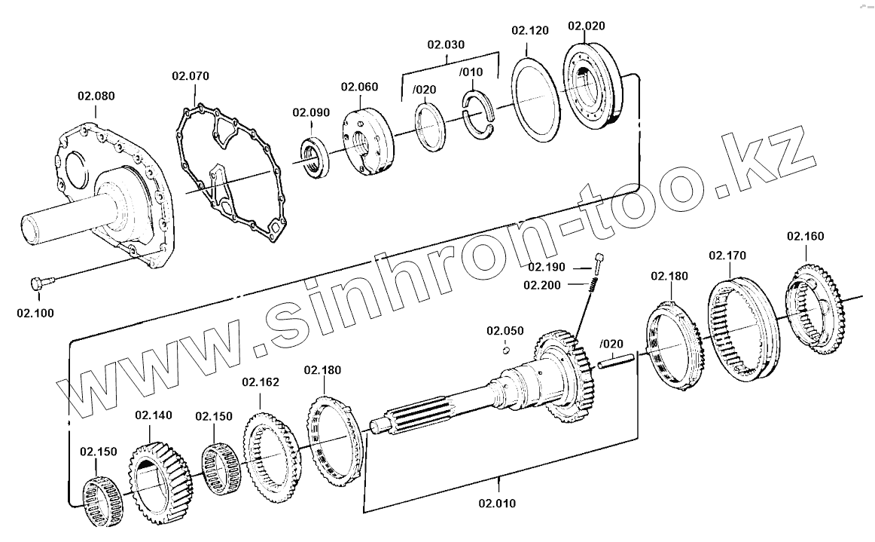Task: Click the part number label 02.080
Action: pyautogui.click(x=96, y=96)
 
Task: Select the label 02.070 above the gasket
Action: pyautogui.click(x=191, y=75)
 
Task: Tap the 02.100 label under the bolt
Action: pyautogui.click(x=35, y=311)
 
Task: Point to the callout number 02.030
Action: pyautogui.click(x=446, y=44)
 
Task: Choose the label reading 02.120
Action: pyautogui.click(x=530, y=31)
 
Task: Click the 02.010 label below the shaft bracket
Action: pyautogui.click(x=498, y=503)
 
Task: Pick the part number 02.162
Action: pyautogui.click(x=261, y=382)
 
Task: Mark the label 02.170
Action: pyautogui.click(x=727, y=256)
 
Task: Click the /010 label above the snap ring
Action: pyautogui.click(x=471, y=72)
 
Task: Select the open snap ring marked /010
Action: pyautogui.click(x=480, y=114)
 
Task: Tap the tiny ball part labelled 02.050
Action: pyautogui.click(x=507, y=348)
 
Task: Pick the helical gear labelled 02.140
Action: pyautogui.click(x=160, y=476)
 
